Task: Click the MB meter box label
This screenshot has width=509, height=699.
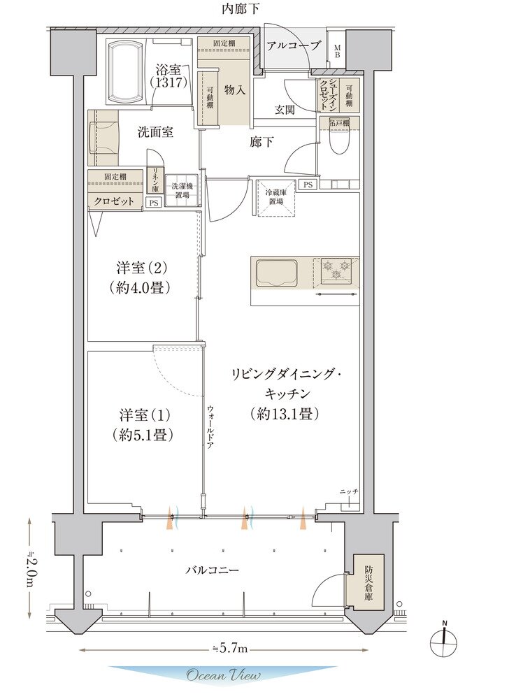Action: click(336, 50)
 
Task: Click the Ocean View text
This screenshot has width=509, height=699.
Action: click(223, 675)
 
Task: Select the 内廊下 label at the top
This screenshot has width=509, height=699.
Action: click(241, 9)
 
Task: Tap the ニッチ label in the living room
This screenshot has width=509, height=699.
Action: click(349, 492)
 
